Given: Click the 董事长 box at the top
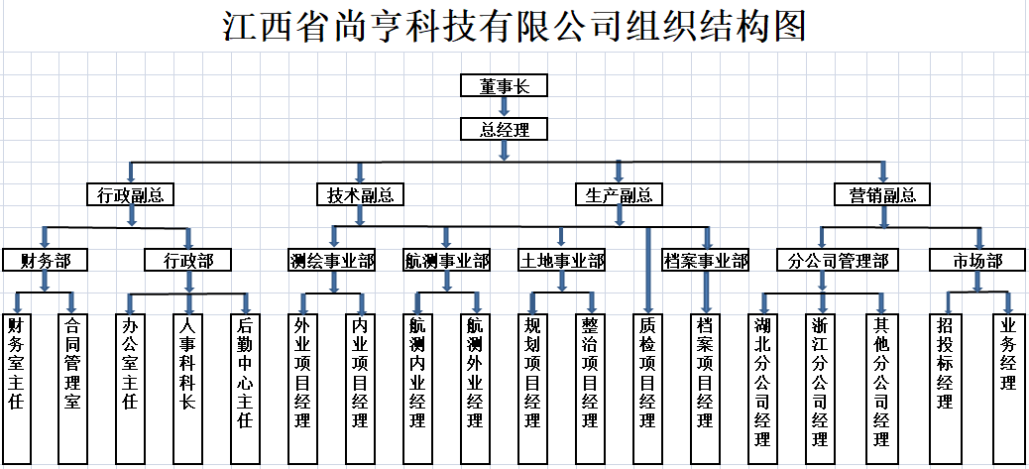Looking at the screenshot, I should pos(504,86).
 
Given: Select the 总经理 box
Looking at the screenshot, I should pos(504,129).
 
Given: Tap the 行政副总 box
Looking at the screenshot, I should pos(130,194).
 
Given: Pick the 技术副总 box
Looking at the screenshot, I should pos(360,194).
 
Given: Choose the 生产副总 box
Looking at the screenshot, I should pos(619,194).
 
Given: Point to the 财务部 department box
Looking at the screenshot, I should pos(45,261).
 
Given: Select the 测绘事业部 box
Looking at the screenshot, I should pos(332,261).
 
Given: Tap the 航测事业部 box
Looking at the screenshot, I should pos(447,261).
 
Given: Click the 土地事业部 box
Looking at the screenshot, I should pos(562,261).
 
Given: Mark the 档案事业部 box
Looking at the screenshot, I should pos(707,261).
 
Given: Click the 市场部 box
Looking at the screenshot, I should pos(977,261).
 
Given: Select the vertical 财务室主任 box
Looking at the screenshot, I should pos(16,377).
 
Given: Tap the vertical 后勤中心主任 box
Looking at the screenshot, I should pos(245,377).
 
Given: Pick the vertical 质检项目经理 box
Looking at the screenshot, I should pos(647,377).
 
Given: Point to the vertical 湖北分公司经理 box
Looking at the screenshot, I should pos(762,377).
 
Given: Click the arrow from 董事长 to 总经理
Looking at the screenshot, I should pos(504,107).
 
